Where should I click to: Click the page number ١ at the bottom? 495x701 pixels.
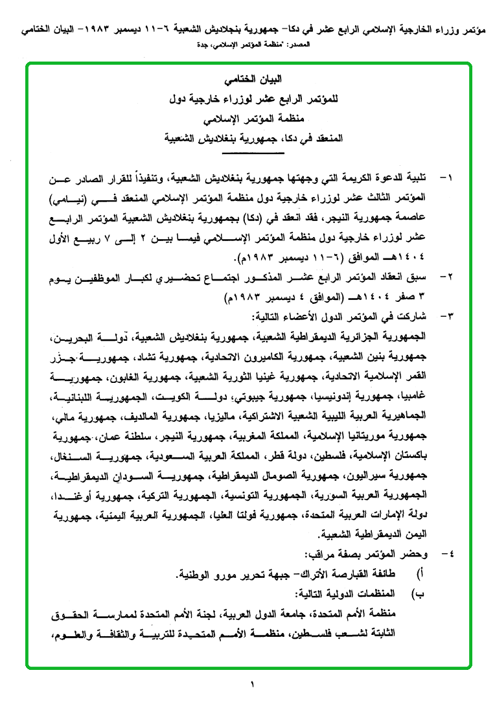coord(252,684)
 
